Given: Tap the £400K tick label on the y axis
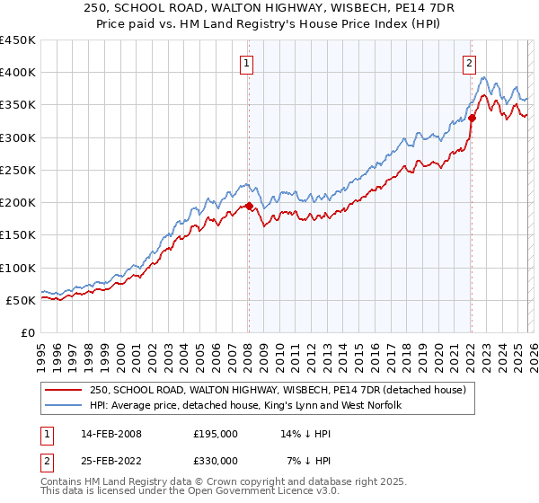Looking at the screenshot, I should click(x=18, y=73).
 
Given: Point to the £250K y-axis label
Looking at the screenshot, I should click(x=18, y=170).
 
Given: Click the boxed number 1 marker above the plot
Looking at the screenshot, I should click(x=246, y=63).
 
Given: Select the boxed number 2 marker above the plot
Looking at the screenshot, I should click(x=469, y=63).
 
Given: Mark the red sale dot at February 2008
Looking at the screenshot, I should click(x=249, y=206).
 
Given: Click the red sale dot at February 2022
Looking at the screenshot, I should click(x=472, y=118).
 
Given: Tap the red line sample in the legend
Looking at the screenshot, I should click(x=65, y=391).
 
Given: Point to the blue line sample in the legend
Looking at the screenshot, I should click(x=65, y=406).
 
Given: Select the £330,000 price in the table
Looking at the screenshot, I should click(x=216, y=460).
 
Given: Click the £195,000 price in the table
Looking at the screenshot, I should click(x=216, y=434).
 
